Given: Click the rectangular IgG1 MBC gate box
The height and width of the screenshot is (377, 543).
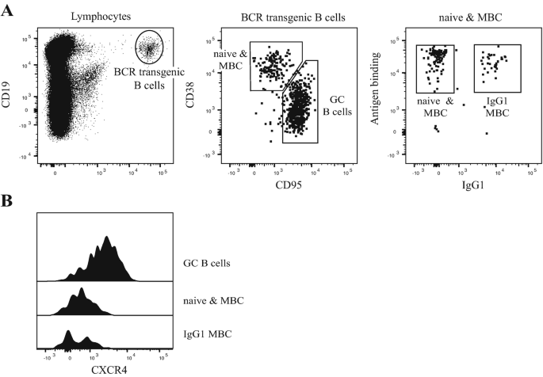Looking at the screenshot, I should click(x=497, y=68).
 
